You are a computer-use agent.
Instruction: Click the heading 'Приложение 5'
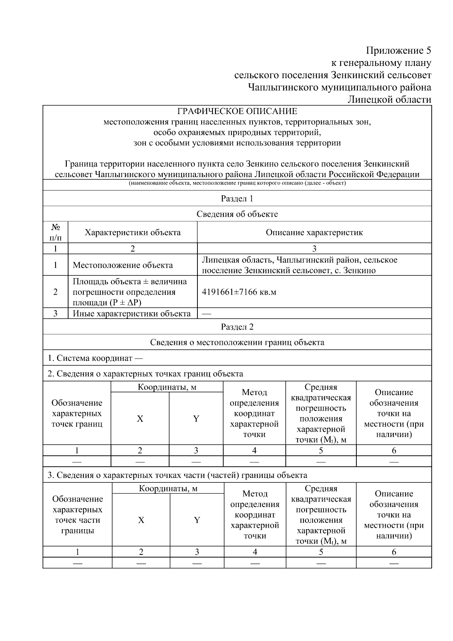pyautogui.click(x=398, y=51)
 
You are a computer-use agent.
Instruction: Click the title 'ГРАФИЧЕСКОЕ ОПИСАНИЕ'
pyautogui.click(x=237, y=111)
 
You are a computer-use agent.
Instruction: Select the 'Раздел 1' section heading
pyautogui.click(x=237, y=199)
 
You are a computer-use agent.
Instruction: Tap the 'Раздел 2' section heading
pyautogui.click(x=237, y=327)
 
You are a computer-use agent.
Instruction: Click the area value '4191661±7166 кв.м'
pyautogui.click(x=239, y=292)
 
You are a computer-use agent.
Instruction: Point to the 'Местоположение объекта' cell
pyautogui.click(x=123, y=265)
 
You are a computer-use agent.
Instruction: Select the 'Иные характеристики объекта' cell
pyautogui.click(x=131, y=314)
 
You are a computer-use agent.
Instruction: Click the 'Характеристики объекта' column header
pyautogui.click(x=133, y=233)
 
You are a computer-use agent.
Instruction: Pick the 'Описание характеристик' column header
pyautogui.click(x=314, y=233)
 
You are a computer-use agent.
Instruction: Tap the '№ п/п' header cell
pyautogui.click(x=55, y=232)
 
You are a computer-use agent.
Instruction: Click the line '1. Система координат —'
pyautogui.click(x=95, y=358)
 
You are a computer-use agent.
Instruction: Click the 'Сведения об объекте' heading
pyautogui.click(x=237, y=214)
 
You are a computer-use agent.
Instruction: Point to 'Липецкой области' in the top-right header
pyautogui.click(x=389, y=100)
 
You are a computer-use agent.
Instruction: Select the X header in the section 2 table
pyautogui.click(x=140, y=419)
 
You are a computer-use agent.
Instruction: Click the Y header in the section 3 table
pyautogui.click(x=197, y=520)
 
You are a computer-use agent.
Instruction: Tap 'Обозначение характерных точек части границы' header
pyautogui.click(x=77, y=515)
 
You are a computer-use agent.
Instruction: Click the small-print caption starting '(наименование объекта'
pyautogui.click(x=237, y=183)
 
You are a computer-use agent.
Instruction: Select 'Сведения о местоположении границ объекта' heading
pyautogui.click(x=237, y=343)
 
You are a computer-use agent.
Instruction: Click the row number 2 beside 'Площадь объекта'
pyautogui.click(x=55, y=292)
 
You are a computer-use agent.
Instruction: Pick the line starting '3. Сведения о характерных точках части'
pyautogui.click(x=177, y=475)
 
